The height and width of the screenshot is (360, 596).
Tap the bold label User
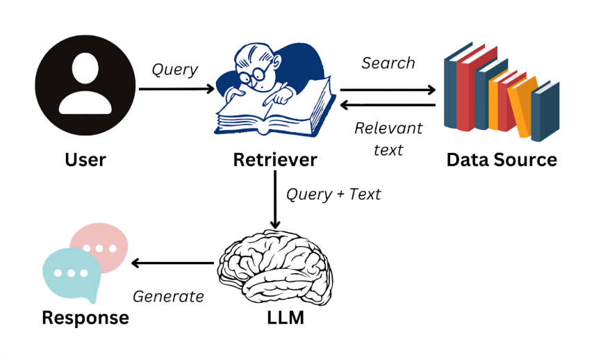point(85,161)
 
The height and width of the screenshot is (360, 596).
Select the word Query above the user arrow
point(175,70)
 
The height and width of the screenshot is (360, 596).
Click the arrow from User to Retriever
point(176,89)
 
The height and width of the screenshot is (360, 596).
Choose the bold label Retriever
point(275,161)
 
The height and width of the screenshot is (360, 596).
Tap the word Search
point(388,63)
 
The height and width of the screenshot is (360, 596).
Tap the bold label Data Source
point(502,161)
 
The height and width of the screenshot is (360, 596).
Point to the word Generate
point(168,297)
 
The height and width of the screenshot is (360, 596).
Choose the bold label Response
point(85,318)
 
